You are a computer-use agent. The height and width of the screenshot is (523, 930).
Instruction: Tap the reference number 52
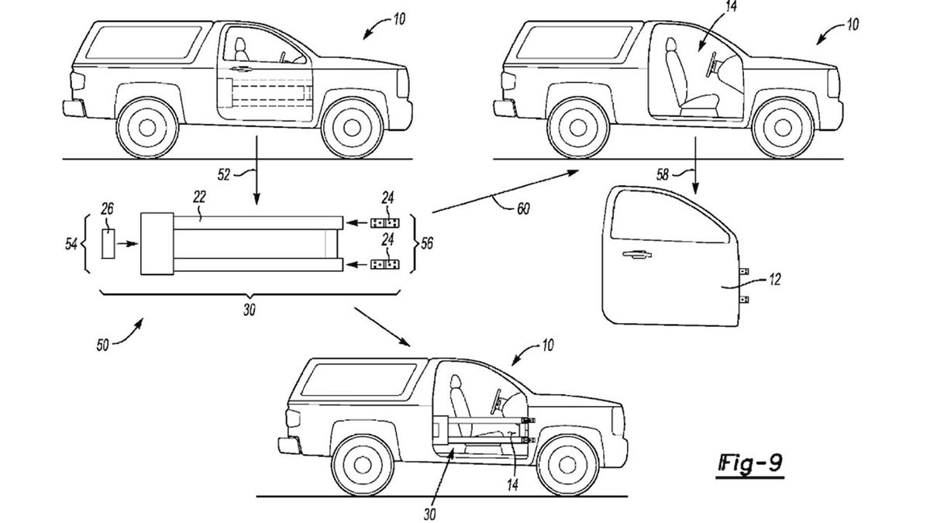(224, 175)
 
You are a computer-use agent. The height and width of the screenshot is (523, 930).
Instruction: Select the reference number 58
(663, 174)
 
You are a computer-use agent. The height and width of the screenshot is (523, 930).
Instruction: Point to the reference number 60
(523, 208)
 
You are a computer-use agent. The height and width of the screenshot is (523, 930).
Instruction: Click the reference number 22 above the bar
(199, 197)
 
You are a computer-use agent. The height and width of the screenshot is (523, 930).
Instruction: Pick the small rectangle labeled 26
(108, 244)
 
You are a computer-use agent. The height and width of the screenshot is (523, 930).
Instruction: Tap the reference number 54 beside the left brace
(71, 245)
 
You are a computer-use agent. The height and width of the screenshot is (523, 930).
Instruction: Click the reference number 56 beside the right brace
(426, 243)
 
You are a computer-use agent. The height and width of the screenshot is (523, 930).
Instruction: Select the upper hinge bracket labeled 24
(384, 223)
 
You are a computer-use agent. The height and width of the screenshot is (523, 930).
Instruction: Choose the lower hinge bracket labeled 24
(384, 264)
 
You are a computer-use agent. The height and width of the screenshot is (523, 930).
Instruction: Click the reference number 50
(103, 345)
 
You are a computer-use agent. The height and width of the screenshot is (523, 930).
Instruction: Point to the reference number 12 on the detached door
(775, 280)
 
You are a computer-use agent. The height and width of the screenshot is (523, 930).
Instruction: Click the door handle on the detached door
(637, 254)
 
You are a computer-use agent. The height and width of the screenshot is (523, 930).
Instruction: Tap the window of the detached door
(670, 216)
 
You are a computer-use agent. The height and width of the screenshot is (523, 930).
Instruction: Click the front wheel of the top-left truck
(352, 128)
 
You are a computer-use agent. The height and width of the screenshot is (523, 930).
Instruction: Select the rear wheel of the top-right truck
(578, 128)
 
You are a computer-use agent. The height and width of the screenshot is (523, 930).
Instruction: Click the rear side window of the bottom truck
(358, 380)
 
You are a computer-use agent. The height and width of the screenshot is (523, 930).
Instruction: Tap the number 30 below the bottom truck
(429, 514)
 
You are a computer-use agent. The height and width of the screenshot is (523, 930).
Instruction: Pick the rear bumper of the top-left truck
(74, 108)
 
